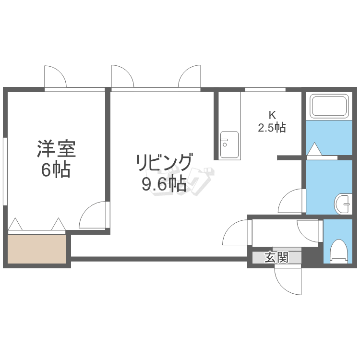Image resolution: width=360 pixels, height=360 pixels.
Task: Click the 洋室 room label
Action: point(57,149)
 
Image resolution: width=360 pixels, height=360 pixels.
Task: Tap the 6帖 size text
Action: point(56,170)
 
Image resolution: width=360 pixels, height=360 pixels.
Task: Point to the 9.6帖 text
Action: point(164,184)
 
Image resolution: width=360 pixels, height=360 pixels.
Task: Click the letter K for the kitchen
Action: point(272,115)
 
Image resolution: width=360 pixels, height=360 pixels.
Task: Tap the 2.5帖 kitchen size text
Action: point(272,128)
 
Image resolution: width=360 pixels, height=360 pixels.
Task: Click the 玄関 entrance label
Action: point(276,257)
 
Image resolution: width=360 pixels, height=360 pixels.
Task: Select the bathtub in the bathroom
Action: point(329,106)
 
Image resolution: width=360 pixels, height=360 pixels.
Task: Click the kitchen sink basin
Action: point(229,144)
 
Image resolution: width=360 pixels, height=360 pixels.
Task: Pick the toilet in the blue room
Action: point(339,252)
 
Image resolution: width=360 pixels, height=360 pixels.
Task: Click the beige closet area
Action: point(37,249)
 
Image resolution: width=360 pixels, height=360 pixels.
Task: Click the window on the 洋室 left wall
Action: point(5,171)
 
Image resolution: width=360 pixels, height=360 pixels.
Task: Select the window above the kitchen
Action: point(265,90)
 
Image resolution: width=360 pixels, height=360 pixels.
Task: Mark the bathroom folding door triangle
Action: point(314,149)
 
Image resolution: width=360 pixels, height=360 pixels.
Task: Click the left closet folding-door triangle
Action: point(15,224)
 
